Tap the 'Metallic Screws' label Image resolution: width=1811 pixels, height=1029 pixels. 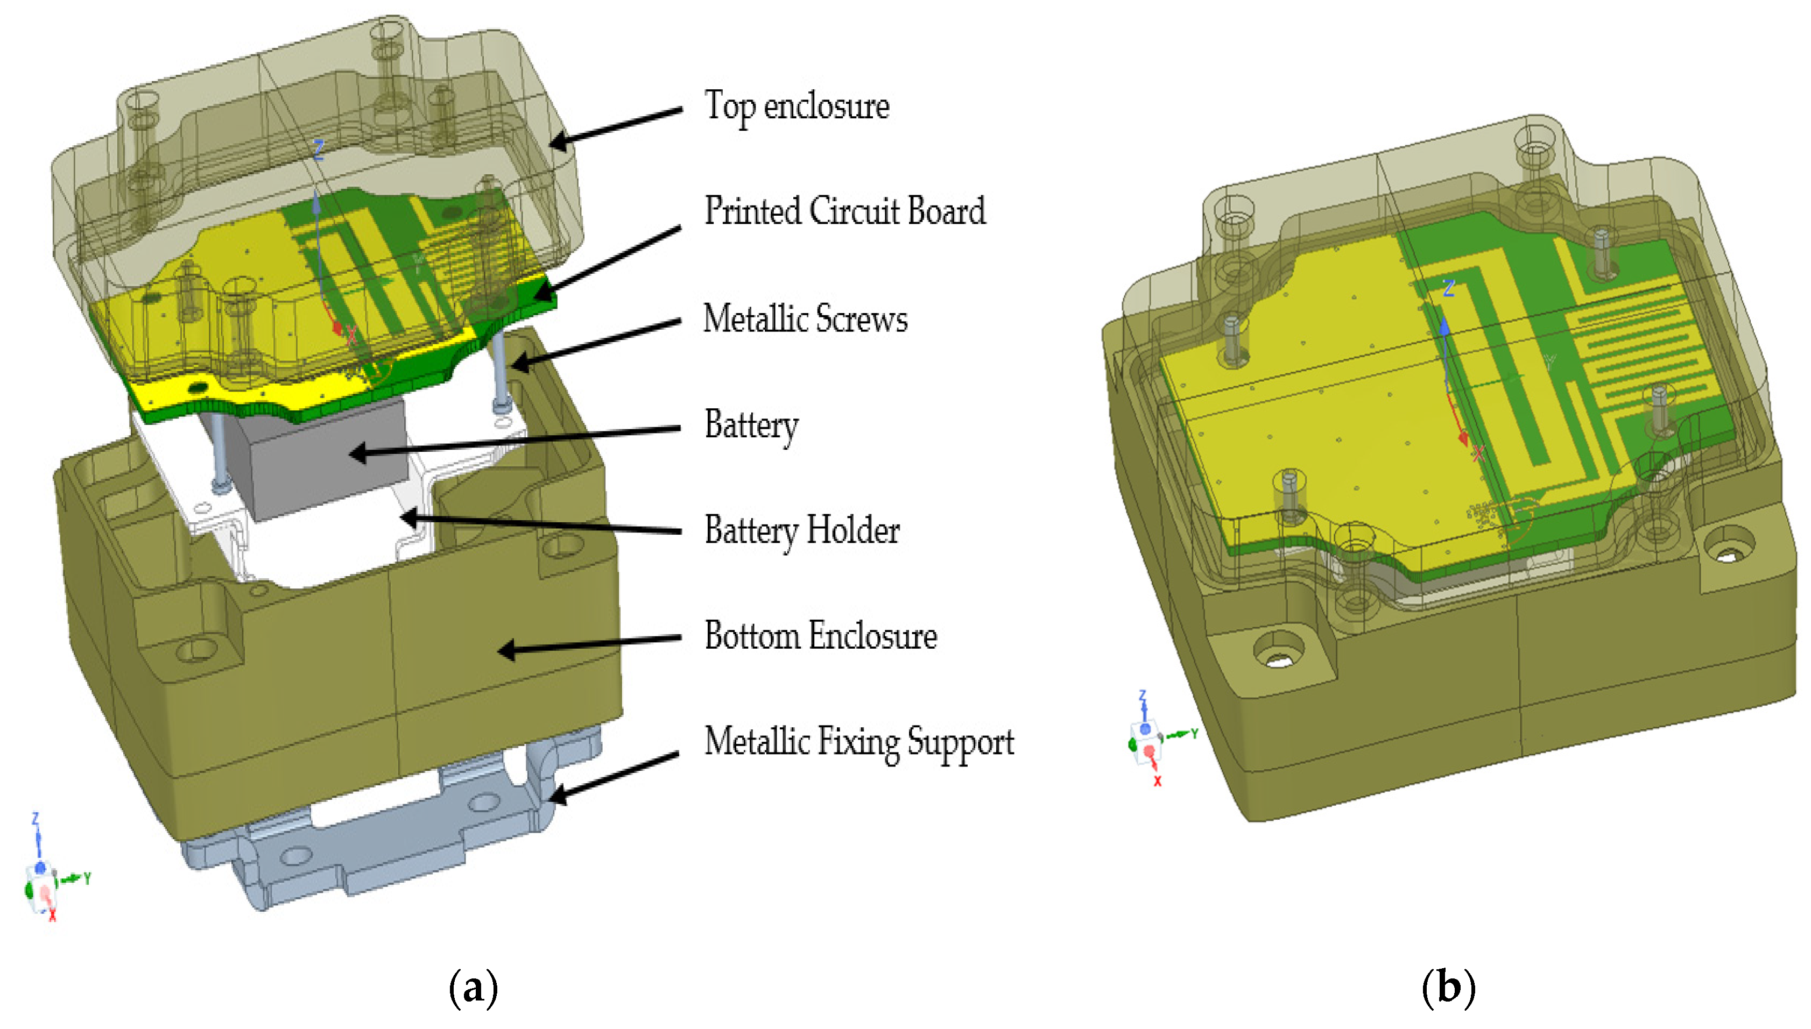point(805,319)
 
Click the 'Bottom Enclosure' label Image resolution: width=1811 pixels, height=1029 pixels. point(820,636)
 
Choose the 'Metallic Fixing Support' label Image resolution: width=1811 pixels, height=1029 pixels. point(858,742)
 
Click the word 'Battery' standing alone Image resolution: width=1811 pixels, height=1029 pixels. point(751,425)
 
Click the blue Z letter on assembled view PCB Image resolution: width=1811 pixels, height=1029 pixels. point(1448,288)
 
